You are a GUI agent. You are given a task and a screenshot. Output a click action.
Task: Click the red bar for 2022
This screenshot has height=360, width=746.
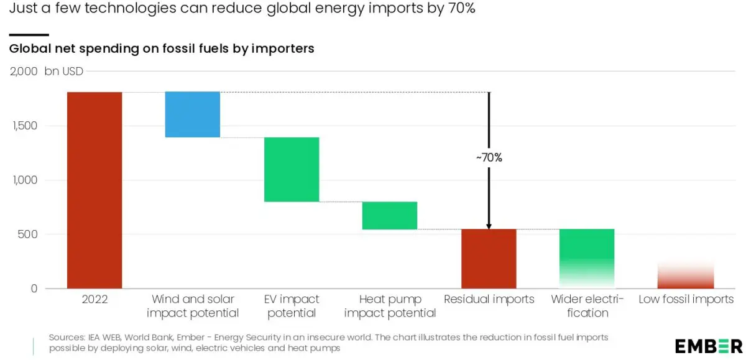(x=94, y=190)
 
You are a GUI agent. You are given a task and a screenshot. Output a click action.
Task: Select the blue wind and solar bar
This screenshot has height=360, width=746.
(x=193, y=114)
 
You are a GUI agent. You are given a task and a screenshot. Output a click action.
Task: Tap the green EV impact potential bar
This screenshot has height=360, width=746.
(x=291, y=169)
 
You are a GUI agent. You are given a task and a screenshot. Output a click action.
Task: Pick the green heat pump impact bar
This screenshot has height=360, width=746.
(x=390, y=215)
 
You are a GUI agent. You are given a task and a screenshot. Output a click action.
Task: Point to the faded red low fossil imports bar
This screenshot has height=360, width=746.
(x=686, y=276)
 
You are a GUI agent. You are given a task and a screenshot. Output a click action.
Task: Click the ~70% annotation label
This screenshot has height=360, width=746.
(x=489, y=158)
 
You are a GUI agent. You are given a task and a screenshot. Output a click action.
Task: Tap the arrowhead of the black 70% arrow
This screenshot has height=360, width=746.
(x=489, y=226)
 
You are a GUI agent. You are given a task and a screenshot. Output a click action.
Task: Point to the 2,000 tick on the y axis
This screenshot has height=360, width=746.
(x=24, y=72)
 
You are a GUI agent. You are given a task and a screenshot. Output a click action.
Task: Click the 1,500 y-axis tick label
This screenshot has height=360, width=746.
(x=25, y=126)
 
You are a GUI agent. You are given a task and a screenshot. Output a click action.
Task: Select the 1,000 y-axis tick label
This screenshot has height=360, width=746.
(x=25, y=180)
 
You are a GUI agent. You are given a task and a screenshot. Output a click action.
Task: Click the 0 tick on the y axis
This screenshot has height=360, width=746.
(x=34, y=288)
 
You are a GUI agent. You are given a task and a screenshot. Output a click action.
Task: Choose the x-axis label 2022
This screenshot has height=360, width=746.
(x=94, y=300)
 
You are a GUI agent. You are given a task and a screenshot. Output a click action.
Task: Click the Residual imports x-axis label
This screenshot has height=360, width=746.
(x=489, y=300)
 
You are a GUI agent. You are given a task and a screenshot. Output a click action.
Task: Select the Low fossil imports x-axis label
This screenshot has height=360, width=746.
(x=686, y=300)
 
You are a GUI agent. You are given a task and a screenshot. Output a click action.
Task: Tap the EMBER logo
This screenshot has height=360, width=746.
(x=709, y=346)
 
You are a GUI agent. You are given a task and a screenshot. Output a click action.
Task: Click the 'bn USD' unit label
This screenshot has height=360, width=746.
(x=63, y=72)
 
